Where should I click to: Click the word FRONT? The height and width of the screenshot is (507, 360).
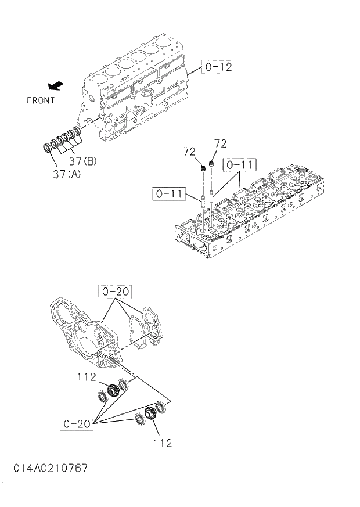41,100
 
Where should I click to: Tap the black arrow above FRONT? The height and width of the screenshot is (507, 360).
56,86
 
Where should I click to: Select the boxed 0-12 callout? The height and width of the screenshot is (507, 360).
218,68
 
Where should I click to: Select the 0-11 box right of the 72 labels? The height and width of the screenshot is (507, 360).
238,165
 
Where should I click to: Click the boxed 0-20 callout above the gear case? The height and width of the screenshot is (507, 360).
115,290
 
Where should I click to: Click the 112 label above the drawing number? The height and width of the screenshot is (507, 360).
163,443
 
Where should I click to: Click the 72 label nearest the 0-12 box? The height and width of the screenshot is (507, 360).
220,143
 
